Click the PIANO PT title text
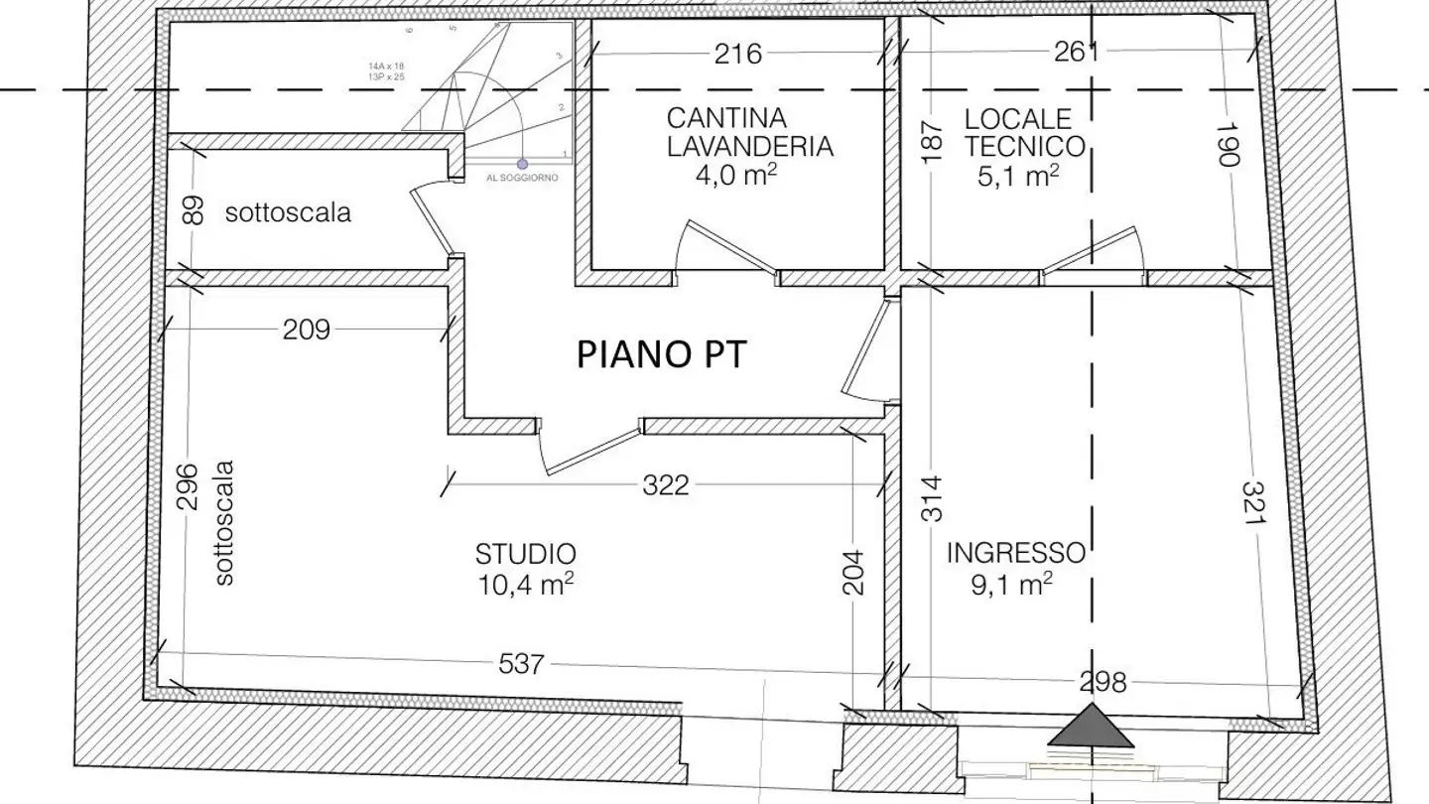(x=660, y=354)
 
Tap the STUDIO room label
(x=525, y=554)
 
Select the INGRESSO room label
(x=1014, y=552)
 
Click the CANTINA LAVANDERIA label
(x=748, y=132)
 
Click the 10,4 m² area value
(x=525, y=585)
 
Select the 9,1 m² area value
(x=1011, y=584)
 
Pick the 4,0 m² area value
(x=749, y=176)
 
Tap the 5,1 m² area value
(x=1018, y=177)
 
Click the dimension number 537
(x=520, y=663)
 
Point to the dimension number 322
(x=665, y=485)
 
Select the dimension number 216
(x=738, y=54)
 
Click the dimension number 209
(x=306, y=329)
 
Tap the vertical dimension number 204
(x=853, y=573)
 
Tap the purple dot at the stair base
(x=522, y=164)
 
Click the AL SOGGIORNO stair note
(x=522, y=179)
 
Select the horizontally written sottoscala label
(x=288, y=212)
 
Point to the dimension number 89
(x=195, y=210)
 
